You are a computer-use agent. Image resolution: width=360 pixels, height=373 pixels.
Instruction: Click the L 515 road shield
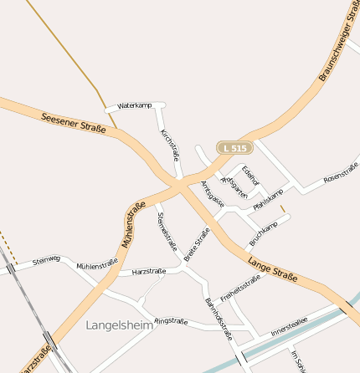(234, 148)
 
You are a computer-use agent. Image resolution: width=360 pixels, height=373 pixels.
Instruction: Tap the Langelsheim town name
(120, 325)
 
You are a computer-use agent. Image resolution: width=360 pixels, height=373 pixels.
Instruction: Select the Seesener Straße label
(73, 122)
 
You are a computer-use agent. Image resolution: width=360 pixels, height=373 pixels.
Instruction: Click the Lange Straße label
(272, 268)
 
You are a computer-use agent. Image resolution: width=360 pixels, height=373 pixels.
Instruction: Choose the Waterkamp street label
(134, 106)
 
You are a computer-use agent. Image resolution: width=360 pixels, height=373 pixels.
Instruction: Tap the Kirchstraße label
(170, 146)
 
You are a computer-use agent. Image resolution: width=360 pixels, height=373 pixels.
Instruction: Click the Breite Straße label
(196, 244)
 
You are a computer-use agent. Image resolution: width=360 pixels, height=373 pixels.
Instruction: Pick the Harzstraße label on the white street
(149, 272)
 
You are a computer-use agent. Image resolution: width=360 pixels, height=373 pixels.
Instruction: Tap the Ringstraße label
(171, 320)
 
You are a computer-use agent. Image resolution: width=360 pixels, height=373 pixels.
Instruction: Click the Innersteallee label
(289, 326)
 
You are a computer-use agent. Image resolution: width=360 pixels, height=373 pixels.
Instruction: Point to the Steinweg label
(46, 260)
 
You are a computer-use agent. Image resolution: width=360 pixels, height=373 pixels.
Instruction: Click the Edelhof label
(249, 176)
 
